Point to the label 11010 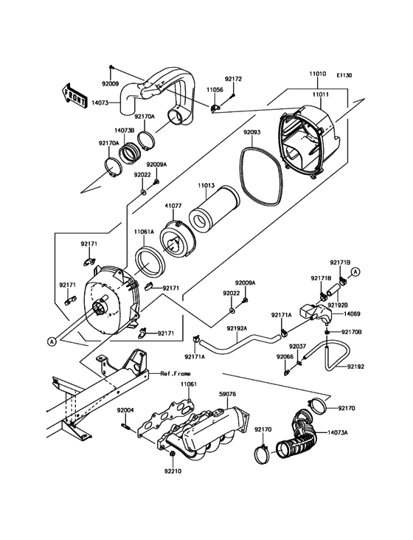coord(318,75)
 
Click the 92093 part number coord(251,134)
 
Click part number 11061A coord(145,232)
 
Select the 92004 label coord(125,410)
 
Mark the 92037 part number coord(297,345)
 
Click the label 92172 coord(233,79)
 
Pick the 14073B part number coord(124,130)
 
